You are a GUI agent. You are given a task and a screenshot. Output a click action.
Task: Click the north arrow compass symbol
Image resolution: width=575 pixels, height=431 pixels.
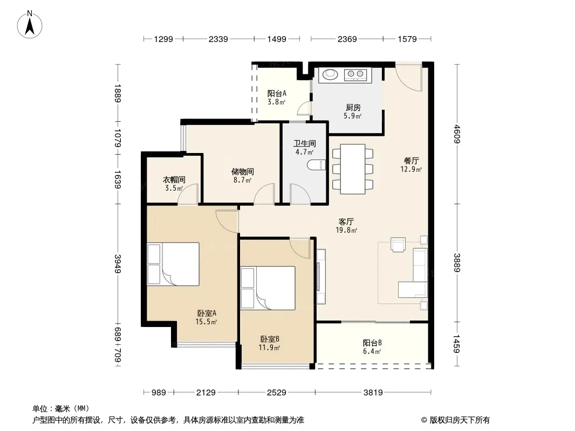coord(30,25)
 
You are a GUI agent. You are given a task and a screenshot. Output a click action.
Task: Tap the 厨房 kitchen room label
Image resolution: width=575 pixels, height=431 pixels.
coord(353,107)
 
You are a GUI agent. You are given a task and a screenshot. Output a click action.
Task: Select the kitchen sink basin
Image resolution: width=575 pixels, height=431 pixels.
coord(330,75)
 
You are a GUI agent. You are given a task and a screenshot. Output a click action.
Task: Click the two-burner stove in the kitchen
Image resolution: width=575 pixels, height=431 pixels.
coord(355,75)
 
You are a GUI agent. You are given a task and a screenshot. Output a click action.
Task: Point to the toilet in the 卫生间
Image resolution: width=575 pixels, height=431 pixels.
coord(317,165)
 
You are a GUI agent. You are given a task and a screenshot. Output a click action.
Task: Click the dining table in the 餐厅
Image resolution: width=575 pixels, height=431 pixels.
coord(352,169)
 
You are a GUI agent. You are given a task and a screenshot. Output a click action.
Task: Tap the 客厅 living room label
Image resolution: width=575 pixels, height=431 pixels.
coord(346,221)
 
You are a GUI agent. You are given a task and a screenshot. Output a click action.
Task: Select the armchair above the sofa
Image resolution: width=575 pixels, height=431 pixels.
coord(398,245)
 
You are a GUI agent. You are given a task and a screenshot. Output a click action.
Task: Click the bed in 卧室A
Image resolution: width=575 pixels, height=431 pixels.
coord(173,263)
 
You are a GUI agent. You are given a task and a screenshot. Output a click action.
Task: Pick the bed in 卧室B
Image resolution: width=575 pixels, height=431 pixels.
coord(268,288)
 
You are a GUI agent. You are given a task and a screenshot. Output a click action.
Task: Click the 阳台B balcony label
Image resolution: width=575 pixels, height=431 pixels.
coord(372,343)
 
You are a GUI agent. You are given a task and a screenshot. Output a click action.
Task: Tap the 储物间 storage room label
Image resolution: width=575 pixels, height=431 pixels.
coord(242,171)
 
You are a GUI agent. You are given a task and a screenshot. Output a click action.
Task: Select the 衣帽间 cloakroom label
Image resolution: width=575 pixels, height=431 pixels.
coord(174,180)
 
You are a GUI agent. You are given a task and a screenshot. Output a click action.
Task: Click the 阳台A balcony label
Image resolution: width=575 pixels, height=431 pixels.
coord(277,93)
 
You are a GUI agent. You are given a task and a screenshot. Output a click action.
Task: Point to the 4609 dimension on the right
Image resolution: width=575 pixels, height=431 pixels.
coord(456,134)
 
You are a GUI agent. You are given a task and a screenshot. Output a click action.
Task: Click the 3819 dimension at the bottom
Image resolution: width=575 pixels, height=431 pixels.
coord(373,393)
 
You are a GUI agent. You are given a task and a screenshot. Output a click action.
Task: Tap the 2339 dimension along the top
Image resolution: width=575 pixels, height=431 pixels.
coord(218,39)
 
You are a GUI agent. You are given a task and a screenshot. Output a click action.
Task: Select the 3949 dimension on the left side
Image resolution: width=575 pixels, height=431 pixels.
coord(118,263)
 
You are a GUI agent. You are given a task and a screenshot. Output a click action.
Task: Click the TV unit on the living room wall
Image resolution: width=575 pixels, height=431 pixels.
coord(321,276)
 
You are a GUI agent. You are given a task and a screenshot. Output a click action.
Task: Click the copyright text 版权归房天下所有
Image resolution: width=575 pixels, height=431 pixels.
coord(460,420)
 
